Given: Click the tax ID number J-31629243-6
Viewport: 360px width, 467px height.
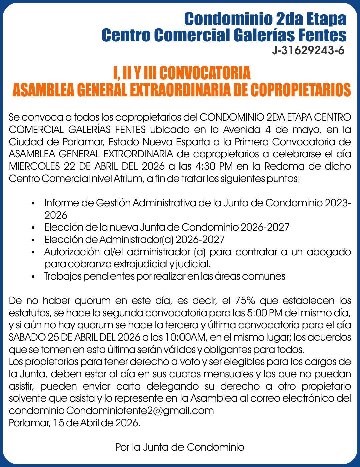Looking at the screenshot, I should click(308, 51).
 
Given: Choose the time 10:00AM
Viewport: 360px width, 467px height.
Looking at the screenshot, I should click(185, 337).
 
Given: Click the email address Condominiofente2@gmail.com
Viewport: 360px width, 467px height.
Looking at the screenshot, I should click(140, 410).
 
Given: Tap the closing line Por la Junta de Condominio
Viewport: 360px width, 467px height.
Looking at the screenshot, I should click(180, 447).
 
